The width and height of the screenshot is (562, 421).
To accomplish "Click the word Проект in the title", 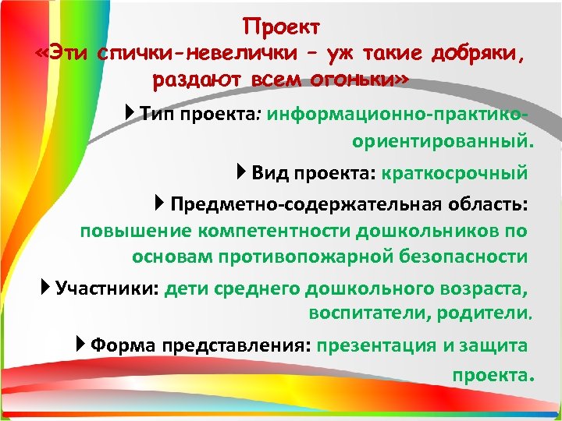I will tap(281, 27).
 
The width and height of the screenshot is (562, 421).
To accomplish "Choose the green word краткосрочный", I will tap(455, 172).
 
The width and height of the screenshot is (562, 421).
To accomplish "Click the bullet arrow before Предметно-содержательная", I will tap(160, 204).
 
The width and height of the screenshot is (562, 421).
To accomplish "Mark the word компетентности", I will tap(274, 232).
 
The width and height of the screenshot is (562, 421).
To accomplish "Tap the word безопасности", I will tap(471, 256).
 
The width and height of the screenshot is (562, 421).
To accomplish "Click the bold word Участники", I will tap(107, 288).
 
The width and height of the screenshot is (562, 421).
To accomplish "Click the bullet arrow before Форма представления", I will tap(81, 345).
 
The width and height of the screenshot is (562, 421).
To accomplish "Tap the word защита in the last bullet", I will tap(497, 345).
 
